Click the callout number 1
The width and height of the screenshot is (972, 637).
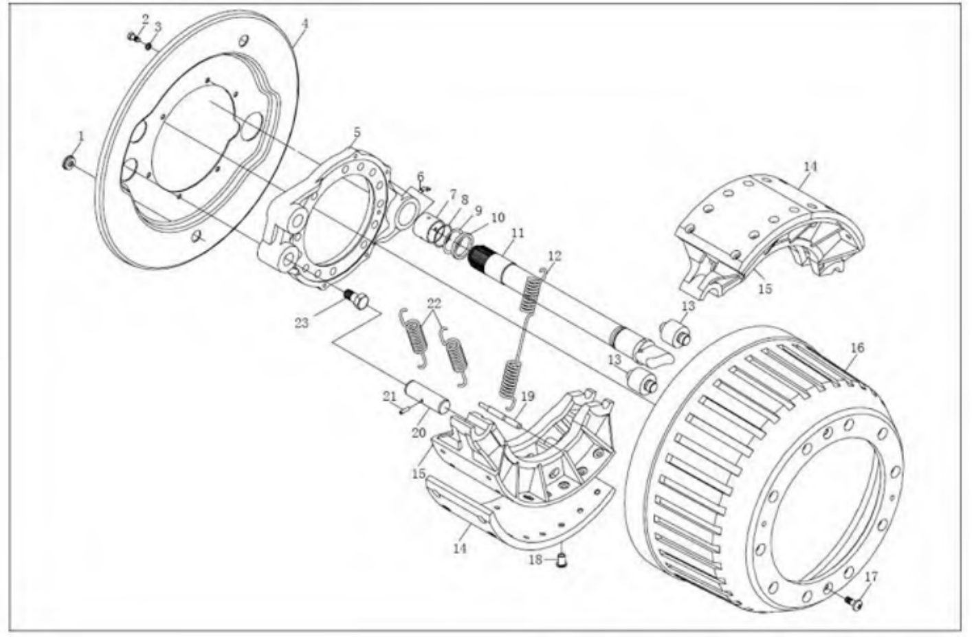tap(80, 137)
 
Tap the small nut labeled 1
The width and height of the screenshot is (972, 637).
tap(69, 164)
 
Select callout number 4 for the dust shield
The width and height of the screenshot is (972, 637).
tap(305, 23)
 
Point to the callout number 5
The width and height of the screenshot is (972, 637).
tap(357, 132)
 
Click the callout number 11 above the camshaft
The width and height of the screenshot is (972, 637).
tap(518, 234)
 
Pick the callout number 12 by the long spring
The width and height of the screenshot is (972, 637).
tap(554, 256)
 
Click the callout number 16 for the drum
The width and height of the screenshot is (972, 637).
tap(857, 348)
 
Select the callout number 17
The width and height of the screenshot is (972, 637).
tap(871, 577)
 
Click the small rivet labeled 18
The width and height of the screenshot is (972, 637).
tap(562, 561)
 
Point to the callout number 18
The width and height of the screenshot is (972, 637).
tap(536, 560)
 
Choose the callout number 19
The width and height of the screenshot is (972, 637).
tap(527, 396)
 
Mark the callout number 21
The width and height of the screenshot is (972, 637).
tap(389, 396)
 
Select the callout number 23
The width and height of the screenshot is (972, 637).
tap(302, 322)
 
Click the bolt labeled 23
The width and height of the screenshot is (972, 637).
tap(357, 300)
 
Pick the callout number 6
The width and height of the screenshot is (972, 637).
tap(420, 177)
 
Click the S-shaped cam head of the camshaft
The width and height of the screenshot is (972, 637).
tap(655, 355)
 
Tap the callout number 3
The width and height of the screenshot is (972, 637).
tap(157, 27)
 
